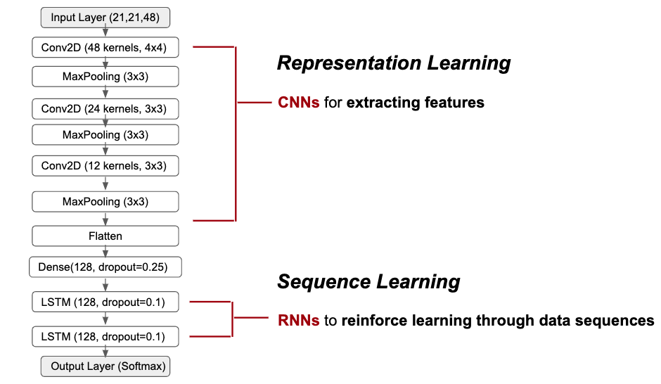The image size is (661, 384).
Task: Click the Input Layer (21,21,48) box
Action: pos(105,18)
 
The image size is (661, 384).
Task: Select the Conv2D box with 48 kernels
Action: pos(105,48)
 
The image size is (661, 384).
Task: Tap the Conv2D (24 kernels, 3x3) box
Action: pos(105,109)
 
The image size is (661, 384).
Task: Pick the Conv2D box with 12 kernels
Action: pos(105,166)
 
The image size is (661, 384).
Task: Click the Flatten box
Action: pos(105,236)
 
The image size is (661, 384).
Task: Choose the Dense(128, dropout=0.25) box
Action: pos(105,267)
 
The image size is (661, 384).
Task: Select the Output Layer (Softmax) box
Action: pos(105,366)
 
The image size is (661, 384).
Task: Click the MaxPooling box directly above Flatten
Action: pos(105,201)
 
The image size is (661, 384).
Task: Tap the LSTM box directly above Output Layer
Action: pos(105,336)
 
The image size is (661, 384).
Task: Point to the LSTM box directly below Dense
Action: pos(105,302)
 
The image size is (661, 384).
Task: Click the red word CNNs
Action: pos(298,103)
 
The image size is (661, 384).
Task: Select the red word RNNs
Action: pos(298,320)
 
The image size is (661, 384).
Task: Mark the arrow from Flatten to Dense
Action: pos(105,252)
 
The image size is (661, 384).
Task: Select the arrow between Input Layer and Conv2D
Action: pos(105,32)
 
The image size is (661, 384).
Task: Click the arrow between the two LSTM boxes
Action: pos(105,319)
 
